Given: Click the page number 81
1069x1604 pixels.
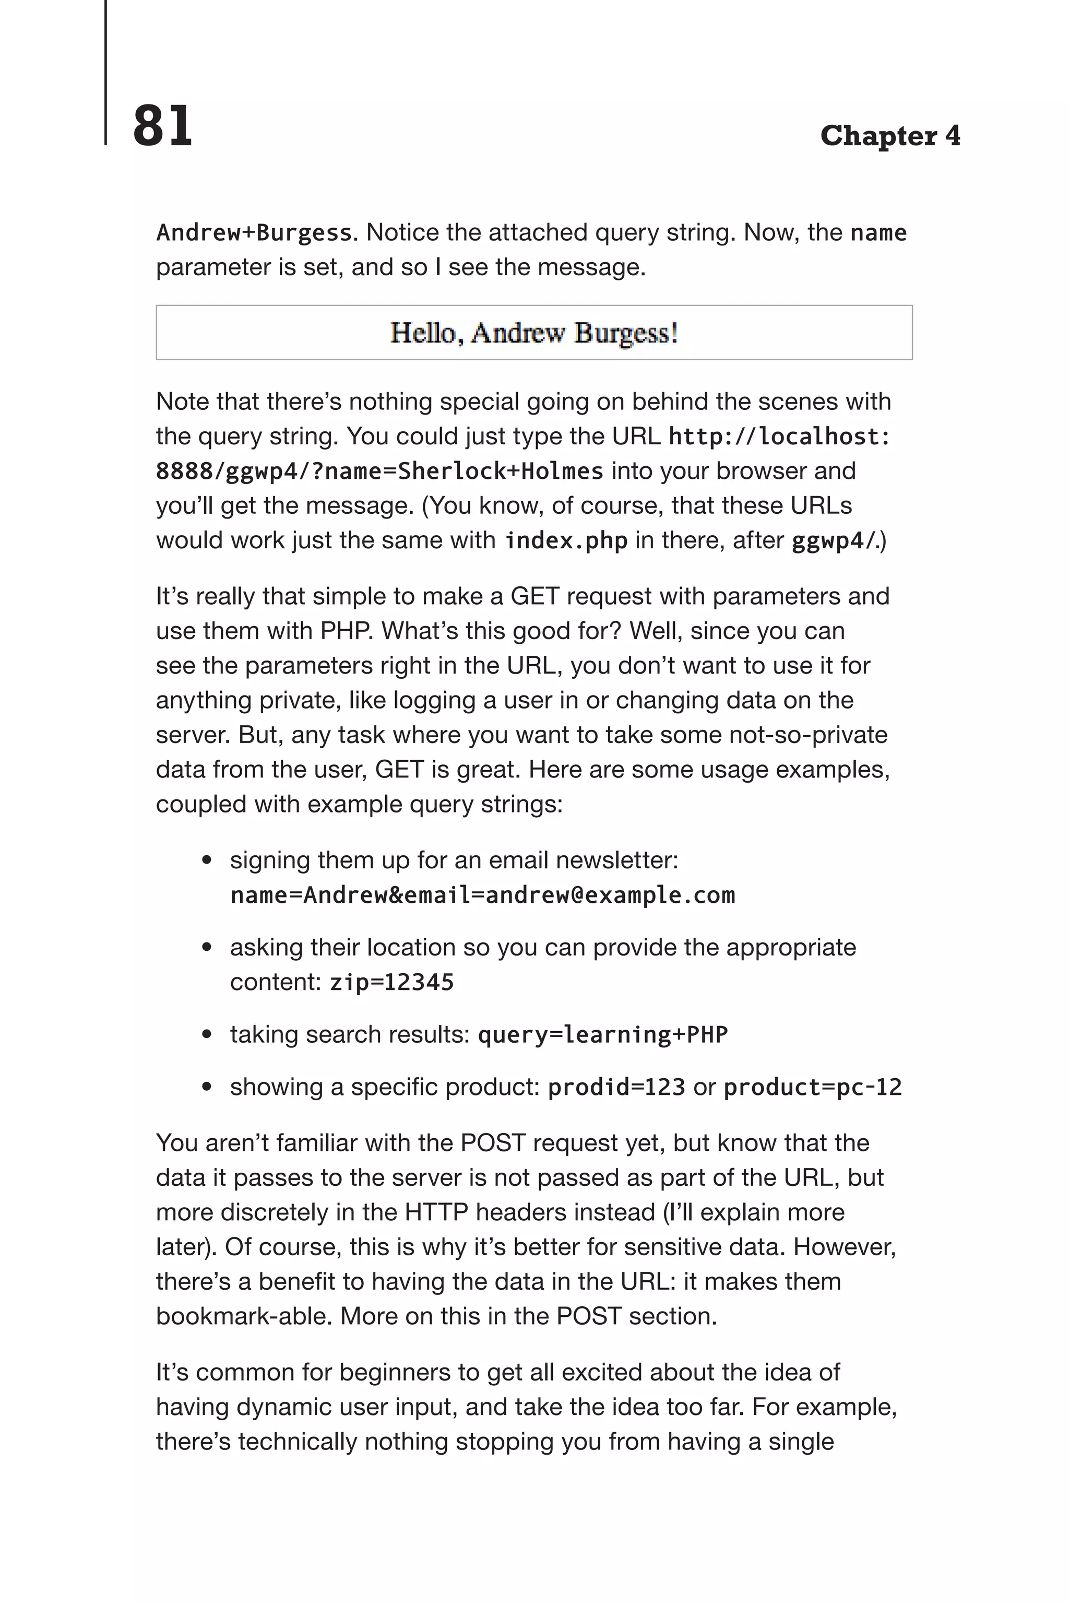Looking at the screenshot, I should click(162, 126).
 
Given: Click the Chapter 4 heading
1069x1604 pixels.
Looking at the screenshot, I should click(889, 136).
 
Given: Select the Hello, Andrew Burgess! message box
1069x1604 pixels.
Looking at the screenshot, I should click(534, 333).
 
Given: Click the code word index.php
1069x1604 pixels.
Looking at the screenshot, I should click(566, 541).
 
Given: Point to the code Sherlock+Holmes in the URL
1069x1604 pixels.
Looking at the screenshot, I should click(501, 471).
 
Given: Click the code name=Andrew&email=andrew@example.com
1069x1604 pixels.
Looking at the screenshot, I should click(483, 895).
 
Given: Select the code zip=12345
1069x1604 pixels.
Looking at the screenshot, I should click(391, 983).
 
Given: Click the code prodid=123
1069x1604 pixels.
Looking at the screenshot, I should click(616, 1087).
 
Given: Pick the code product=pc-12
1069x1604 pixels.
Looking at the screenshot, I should click(812, 1087).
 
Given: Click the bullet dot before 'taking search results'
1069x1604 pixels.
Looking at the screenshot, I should click(207, 1035).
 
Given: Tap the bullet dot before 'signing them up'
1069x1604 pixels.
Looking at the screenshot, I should click(207, 860).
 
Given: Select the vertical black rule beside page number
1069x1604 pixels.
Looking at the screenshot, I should click(105, 72).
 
